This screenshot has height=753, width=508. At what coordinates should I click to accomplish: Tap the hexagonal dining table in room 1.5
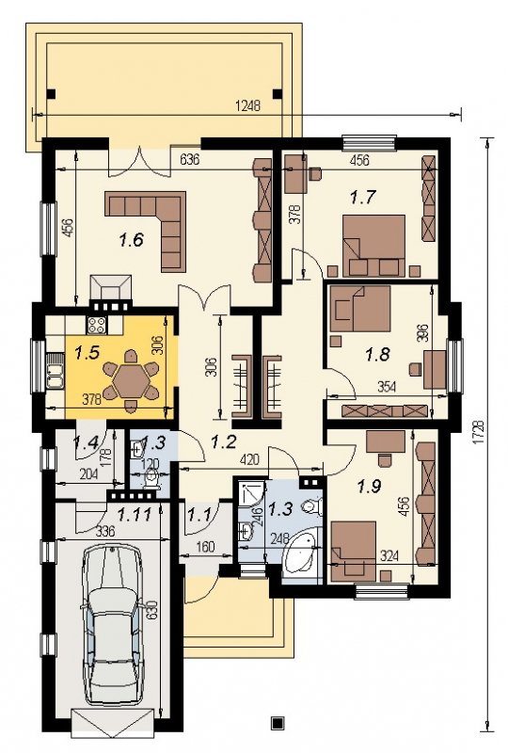(x=131, y=380)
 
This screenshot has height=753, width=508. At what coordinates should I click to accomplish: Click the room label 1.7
(x=362, y=197)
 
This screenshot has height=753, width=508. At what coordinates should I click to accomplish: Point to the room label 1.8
(x=377, y=355)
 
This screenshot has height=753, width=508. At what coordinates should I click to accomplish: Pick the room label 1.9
(x=369, y=487)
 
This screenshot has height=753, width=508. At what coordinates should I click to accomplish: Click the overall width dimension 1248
(x=247, y=105)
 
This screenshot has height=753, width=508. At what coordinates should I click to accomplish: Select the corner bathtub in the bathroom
(x=302, y=551)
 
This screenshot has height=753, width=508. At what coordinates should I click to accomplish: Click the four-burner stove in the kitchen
(x=97, y=325)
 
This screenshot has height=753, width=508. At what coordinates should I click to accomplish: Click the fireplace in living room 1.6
(x=111, y=293)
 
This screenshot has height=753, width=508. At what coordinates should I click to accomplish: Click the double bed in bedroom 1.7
(x=374, y=246)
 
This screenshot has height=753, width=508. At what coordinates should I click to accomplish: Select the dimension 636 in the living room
(x=189, y=159)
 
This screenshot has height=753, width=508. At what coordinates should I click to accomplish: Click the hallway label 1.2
(x=224, y=441)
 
